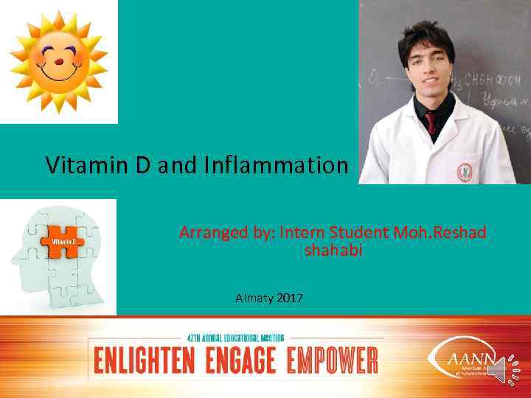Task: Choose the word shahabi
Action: click(333, 251)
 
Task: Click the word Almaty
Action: click(254, 298)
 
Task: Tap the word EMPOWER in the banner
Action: click(332, 361)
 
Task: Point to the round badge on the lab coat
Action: click(465, 170)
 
